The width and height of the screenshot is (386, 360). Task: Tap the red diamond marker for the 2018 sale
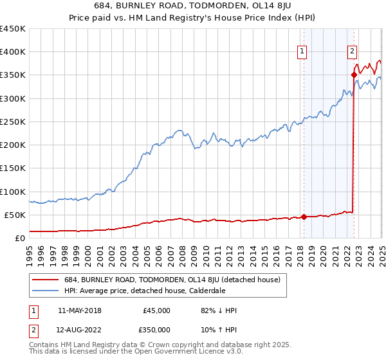[x=304, y=217]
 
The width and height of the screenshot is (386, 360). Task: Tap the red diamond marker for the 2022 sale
[x=354, y=75]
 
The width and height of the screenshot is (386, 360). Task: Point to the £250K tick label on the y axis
[x=13, y=122]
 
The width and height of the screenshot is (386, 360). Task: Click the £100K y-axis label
[x=13, y=192]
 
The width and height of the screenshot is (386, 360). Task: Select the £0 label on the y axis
[x=19, y=238]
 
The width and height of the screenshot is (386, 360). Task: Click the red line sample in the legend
[x=46, y=280]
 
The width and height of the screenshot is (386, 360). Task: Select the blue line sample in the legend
[x=46, y=291]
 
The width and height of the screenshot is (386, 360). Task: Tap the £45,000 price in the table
[x=156, y=310]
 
